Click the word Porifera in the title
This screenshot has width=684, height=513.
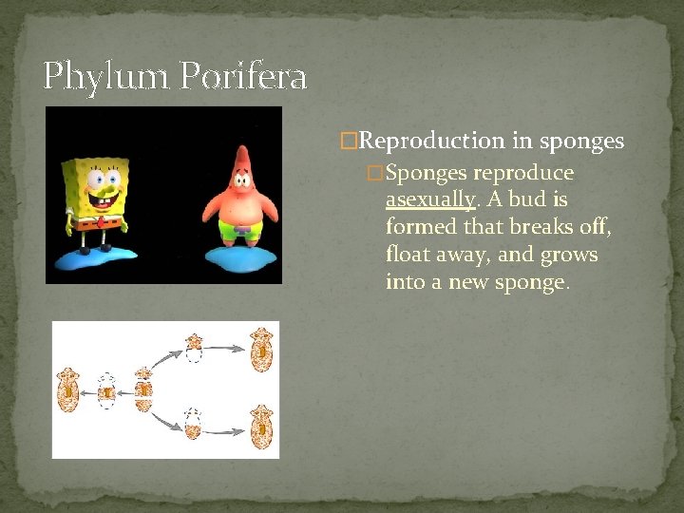point(241,76)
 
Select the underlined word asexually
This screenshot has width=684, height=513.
point(429,199)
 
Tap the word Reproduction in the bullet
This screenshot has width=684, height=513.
point(433,142)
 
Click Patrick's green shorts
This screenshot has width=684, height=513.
point(242,231)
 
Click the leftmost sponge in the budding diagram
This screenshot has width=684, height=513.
point(69,389)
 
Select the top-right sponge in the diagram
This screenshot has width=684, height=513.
point(260,349)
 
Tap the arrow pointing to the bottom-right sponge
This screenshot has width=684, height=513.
point(226,431)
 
